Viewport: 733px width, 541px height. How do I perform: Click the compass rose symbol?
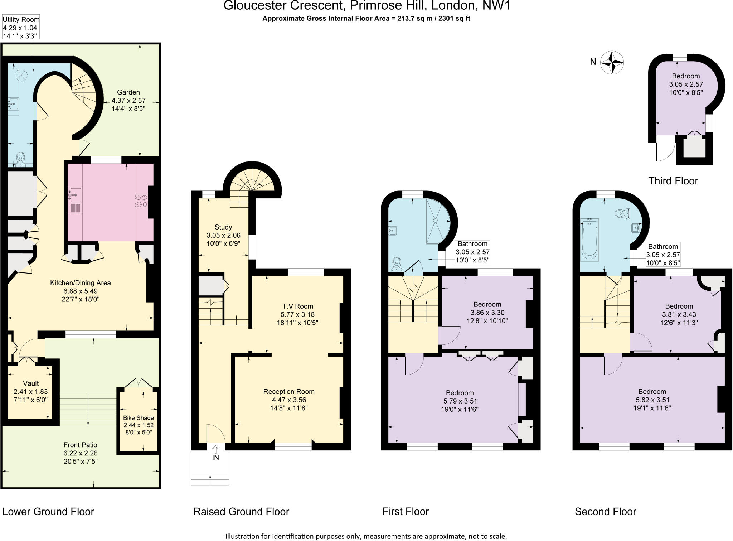pyautogui.click(x=612, y=63)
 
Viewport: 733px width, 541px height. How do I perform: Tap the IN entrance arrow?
pyautogui.click(x=215, y=450)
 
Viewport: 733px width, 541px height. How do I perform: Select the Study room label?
pyautogui.click(x=223, y=227)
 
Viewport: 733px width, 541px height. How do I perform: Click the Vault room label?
pyautogui.click(x=31, y=383)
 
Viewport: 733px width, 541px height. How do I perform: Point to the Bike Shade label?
pyautogui.click(x=139, y=418)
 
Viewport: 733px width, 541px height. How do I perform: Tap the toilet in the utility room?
pyautogui.click(x=20, y=158)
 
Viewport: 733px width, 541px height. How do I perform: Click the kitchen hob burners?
pyautogui.click(x=141, y=201)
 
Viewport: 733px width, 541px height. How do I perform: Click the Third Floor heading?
pyautogui.click(x=673, y=181)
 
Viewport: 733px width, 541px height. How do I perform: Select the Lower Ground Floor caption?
pyautogui.click(x=48, y=512)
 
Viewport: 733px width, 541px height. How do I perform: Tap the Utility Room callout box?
pyautogui.click(x=21, y=27)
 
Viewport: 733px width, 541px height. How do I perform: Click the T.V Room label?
pyautogui.click(x=297, y=306)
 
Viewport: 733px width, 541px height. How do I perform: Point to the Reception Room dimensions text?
pyautogui.click(x=289, y=404)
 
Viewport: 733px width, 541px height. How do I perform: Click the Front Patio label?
pyautogui.click(x=80, y=445)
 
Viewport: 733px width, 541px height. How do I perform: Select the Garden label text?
pyautogui.click(x=128, y=92)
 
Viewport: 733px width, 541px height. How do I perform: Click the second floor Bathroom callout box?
pyautogui.click(x=663, y=255)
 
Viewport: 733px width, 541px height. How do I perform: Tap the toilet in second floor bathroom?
pyautogui.click(x=621, y=214)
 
